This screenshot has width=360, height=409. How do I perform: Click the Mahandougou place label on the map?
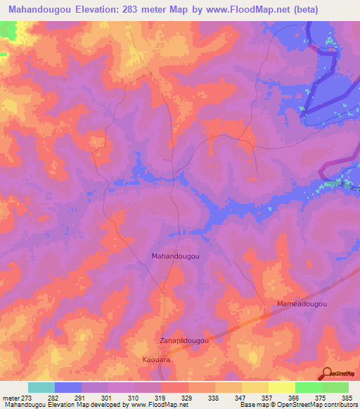pyautogui.click(x=175, y=257)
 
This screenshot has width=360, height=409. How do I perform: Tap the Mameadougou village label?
pyautogui.click(x=302, y=303)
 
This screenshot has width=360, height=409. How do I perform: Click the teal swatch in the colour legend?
pyautogui.click(x=41, y=387)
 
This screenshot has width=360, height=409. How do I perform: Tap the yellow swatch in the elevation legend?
pyautogui.click(x=281, y=387)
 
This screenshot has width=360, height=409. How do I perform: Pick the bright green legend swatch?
pyautogui.click(x=308, y=387)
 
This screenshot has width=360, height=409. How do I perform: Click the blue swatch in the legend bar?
pyautogui.click(x=68, y=387)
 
